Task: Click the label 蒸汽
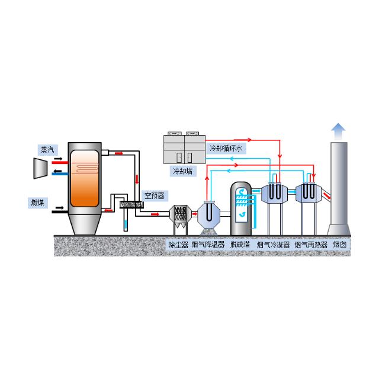click(x=47, y=150)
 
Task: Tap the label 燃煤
click(x=37, y=203)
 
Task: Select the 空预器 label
click(x=155, y=195)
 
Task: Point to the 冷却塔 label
click(x=183, y=171)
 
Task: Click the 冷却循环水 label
click(x=226, y=148)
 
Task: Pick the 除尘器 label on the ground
click(x=178, y=245)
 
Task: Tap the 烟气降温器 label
click(x=208, y=245)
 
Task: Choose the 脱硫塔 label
click(x=240, y=245)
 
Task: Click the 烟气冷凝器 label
click(x=274, y=245)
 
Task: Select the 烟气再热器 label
click(x=311, y=245)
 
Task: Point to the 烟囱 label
click(x=340, y=245)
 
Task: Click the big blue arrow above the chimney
click(x=338, y=131)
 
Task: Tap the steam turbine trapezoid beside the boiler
click(x=40, y=168)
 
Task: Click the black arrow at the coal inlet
click(x=59, y=208)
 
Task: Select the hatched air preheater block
click(x=131, y=204)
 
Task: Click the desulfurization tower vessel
click(x=241, y=208)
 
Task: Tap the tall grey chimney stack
click(x=339, y=188)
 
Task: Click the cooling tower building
click(x=184, y=149)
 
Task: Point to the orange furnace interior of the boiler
click(x=85, y=178)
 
